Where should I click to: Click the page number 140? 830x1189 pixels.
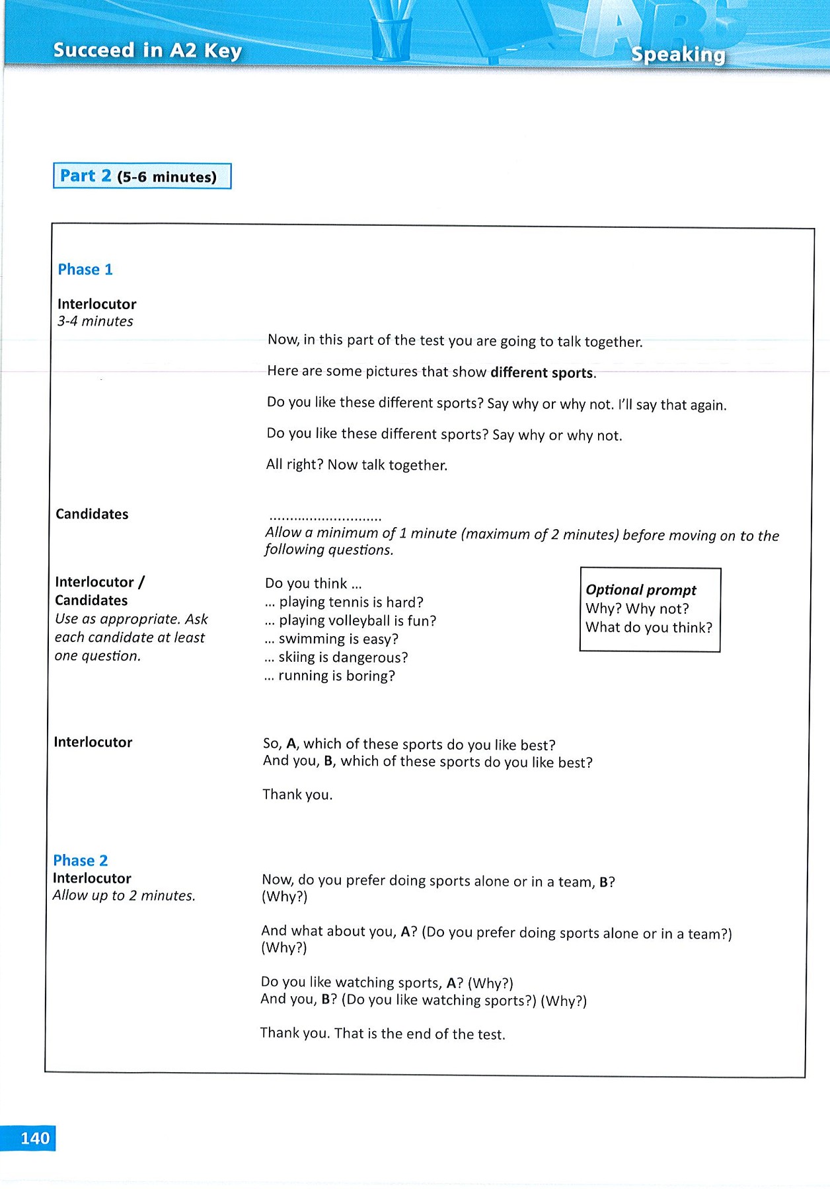(34, 1138)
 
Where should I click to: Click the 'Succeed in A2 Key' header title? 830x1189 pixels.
(147, 50)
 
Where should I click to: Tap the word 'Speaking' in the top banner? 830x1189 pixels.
(677, 54)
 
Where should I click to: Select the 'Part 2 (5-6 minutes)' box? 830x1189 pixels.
(142, 176)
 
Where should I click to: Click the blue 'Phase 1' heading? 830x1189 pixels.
(85, 270)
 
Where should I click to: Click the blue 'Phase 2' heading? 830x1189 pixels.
(80, 860)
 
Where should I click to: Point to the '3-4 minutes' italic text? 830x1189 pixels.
(95, 322)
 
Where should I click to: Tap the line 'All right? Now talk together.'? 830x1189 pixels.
(356, 465)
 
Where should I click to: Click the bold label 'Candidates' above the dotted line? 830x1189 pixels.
(92, 514)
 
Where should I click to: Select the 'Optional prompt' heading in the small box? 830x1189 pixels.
(640, 590)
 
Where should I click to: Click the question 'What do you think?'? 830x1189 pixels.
(648, 628)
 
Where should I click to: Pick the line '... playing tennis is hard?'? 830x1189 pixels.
(344, 602)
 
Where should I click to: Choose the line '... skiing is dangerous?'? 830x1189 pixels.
(336, 658)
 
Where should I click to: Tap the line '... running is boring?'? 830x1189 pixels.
(329, 676)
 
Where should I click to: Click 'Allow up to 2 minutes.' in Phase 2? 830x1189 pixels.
(124, 896)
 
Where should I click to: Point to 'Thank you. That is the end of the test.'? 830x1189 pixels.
(382, 1034)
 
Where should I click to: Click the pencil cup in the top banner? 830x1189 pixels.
(391, 36)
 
